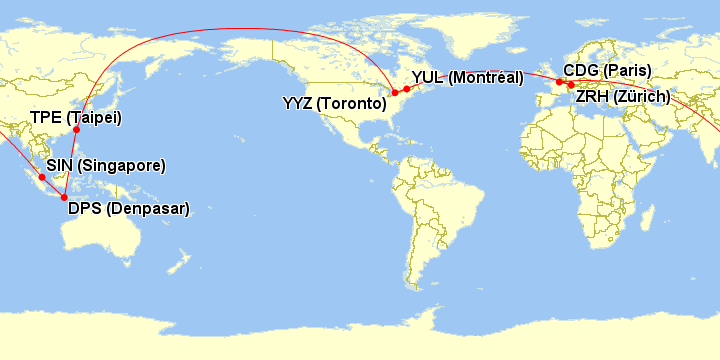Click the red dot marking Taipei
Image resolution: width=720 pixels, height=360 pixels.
(77, 130)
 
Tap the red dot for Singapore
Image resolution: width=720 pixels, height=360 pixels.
(42, 178)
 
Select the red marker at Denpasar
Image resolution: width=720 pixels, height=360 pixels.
(65, 197)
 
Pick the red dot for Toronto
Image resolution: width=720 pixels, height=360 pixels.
(395, 93)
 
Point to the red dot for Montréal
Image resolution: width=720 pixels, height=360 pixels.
(407, 89)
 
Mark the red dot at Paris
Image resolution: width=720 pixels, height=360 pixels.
(560, 81)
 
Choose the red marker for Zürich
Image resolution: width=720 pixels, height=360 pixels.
(571, 85)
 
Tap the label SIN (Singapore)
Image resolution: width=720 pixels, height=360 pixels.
(106, 165)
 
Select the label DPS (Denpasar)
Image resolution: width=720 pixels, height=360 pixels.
(128, 209)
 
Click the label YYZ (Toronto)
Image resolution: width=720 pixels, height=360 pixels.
(334, 103)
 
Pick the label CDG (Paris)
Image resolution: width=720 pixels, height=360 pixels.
(607, 70)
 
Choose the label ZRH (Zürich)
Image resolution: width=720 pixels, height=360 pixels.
(623, 97)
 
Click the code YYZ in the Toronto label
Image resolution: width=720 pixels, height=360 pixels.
(298, 103)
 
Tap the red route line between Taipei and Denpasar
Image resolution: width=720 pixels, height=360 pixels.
(70, 166)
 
